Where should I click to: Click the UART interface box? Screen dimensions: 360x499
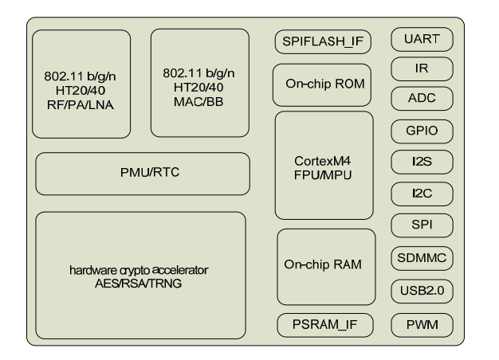pos(422,38)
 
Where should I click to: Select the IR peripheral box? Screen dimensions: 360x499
pos(422,68)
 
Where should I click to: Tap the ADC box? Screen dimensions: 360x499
pos(422,99)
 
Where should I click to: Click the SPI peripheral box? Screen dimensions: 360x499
pos(422,226)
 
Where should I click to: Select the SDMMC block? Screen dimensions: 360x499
pos(422,258)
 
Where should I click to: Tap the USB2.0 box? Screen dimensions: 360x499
pos(422,291)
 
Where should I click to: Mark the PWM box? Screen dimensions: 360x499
pos(422,325)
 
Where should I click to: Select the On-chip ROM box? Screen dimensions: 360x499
pos(323,85)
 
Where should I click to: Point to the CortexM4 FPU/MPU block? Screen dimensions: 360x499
pos(323,165)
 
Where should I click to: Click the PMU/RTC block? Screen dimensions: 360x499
pos(143,174)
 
